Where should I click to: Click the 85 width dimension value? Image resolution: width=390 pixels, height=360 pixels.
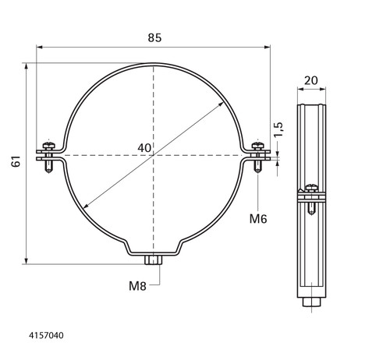click(x=154, y=38)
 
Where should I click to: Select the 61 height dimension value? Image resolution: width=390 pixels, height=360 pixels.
click(x=16, y=161)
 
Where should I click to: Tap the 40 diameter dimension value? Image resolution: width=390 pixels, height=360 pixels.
click(x=144, y=148)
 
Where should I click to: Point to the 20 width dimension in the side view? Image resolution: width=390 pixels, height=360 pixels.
click(x=311, y=80)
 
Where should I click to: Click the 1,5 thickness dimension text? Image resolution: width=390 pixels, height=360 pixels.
click(x=278, y=129)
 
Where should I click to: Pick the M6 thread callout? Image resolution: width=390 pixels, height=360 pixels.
click(x=258, y=219)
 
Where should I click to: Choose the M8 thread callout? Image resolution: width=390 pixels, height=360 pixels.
click(x=137, y=286)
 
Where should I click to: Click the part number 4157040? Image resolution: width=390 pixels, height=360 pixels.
click(x=46, y=335)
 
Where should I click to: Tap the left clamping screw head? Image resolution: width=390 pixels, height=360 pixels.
click(x=48, y=146)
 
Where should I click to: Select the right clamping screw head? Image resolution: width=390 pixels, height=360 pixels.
click(x=257, y=146)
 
